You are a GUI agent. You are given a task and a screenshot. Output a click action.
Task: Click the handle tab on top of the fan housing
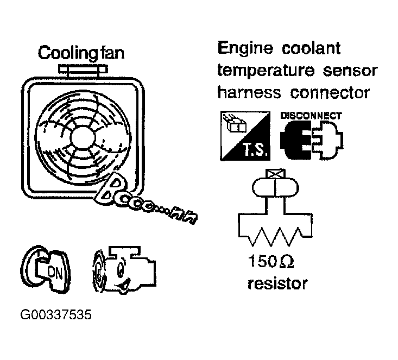tap(80, 70)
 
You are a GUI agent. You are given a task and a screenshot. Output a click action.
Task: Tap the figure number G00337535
tap(54, 315)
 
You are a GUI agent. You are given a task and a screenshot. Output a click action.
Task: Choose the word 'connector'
tap(330, 92)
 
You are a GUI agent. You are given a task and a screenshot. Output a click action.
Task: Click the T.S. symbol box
tap(245, 135)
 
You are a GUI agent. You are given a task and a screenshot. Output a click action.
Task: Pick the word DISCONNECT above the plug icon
tap(311, 116)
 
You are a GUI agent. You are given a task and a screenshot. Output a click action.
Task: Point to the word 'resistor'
tap(277, 283)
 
